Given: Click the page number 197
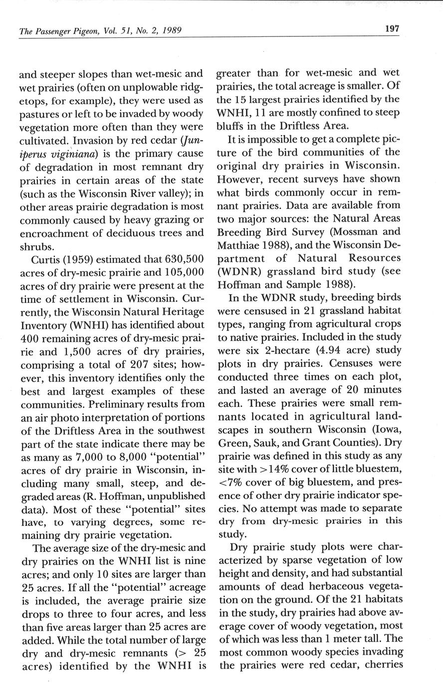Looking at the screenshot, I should pyautogui.click(x=392, y=29).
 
